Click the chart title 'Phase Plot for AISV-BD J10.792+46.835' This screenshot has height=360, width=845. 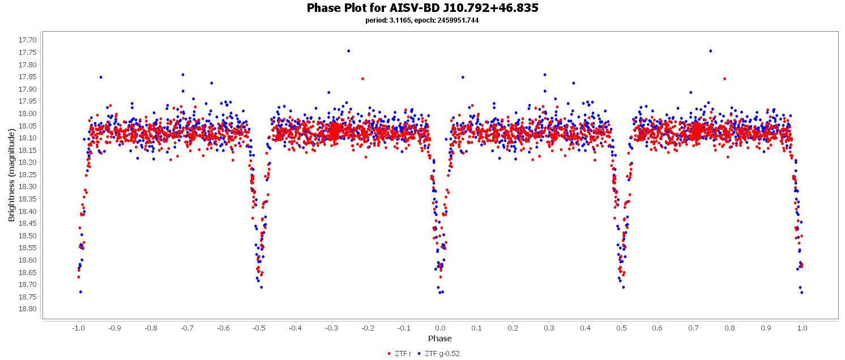click(422, 8)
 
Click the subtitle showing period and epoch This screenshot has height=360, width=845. click(422, 20)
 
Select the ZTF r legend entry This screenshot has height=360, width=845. click(399, 354)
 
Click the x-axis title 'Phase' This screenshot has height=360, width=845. click(440, 339)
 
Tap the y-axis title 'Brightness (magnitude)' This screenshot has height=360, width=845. click(11, 175)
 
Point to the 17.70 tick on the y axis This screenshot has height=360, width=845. click(28, 40)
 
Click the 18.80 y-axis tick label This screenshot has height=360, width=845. click(28, 309)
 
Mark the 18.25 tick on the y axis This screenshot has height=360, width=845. click(28, 174)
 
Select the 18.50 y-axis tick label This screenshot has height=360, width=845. click(28, 235)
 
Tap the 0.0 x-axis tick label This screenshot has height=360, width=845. click(440, 328)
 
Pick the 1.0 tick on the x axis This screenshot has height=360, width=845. click(802, 328)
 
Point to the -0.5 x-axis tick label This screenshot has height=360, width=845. click(259, 328)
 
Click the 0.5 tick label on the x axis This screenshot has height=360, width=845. click(621, 328)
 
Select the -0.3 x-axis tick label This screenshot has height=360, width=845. click(331, 328)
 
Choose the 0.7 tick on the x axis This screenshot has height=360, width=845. click(694, 328)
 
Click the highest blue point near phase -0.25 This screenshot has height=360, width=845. click(348, 51)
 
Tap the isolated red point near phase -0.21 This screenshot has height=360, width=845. click(362, 79)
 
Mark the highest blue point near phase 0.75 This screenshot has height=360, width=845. click(710, 51)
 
